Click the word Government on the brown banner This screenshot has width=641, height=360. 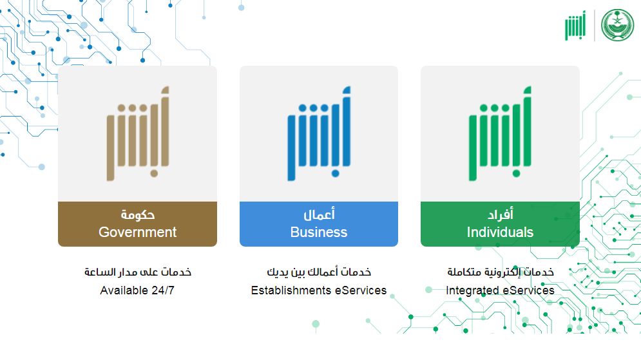pos(137,232)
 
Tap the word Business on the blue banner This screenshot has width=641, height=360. pos(319,232)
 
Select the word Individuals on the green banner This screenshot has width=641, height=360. pos(500,232)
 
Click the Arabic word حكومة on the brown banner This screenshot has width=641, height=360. pos(137,214)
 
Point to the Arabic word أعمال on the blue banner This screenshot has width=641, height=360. pos(319,214)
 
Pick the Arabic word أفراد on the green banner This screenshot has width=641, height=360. pos(500,214)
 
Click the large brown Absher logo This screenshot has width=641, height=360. pos(138,133)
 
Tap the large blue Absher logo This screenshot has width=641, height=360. pos(319,133)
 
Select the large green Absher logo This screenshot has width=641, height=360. pos(500,133)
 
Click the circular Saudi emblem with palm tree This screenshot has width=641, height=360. pos(617,25)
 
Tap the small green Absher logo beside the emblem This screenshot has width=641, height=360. pos(575,25)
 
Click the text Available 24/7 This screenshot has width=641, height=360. pos(137,290)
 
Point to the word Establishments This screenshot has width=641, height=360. pos(291,290)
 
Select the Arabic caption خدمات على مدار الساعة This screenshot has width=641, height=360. pos(138,272)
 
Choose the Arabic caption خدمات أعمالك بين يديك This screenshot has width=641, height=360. pos(319,272)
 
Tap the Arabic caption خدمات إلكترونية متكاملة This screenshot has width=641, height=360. pos(501,272)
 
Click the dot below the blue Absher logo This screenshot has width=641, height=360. pos(335,174)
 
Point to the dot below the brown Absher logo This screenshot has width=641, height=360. pos(154,174)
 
